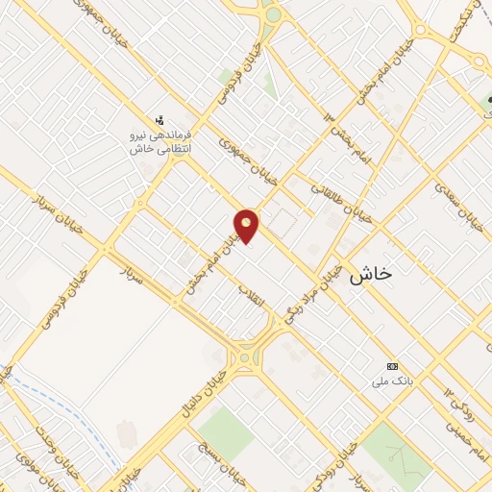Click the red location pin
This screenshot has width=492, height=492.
click(x=247, y=225)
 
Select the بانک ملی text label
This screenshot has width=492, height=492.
click(x=392, y=381)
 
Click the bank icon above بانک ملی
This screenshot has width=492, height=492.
click(x=392, y=367)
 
